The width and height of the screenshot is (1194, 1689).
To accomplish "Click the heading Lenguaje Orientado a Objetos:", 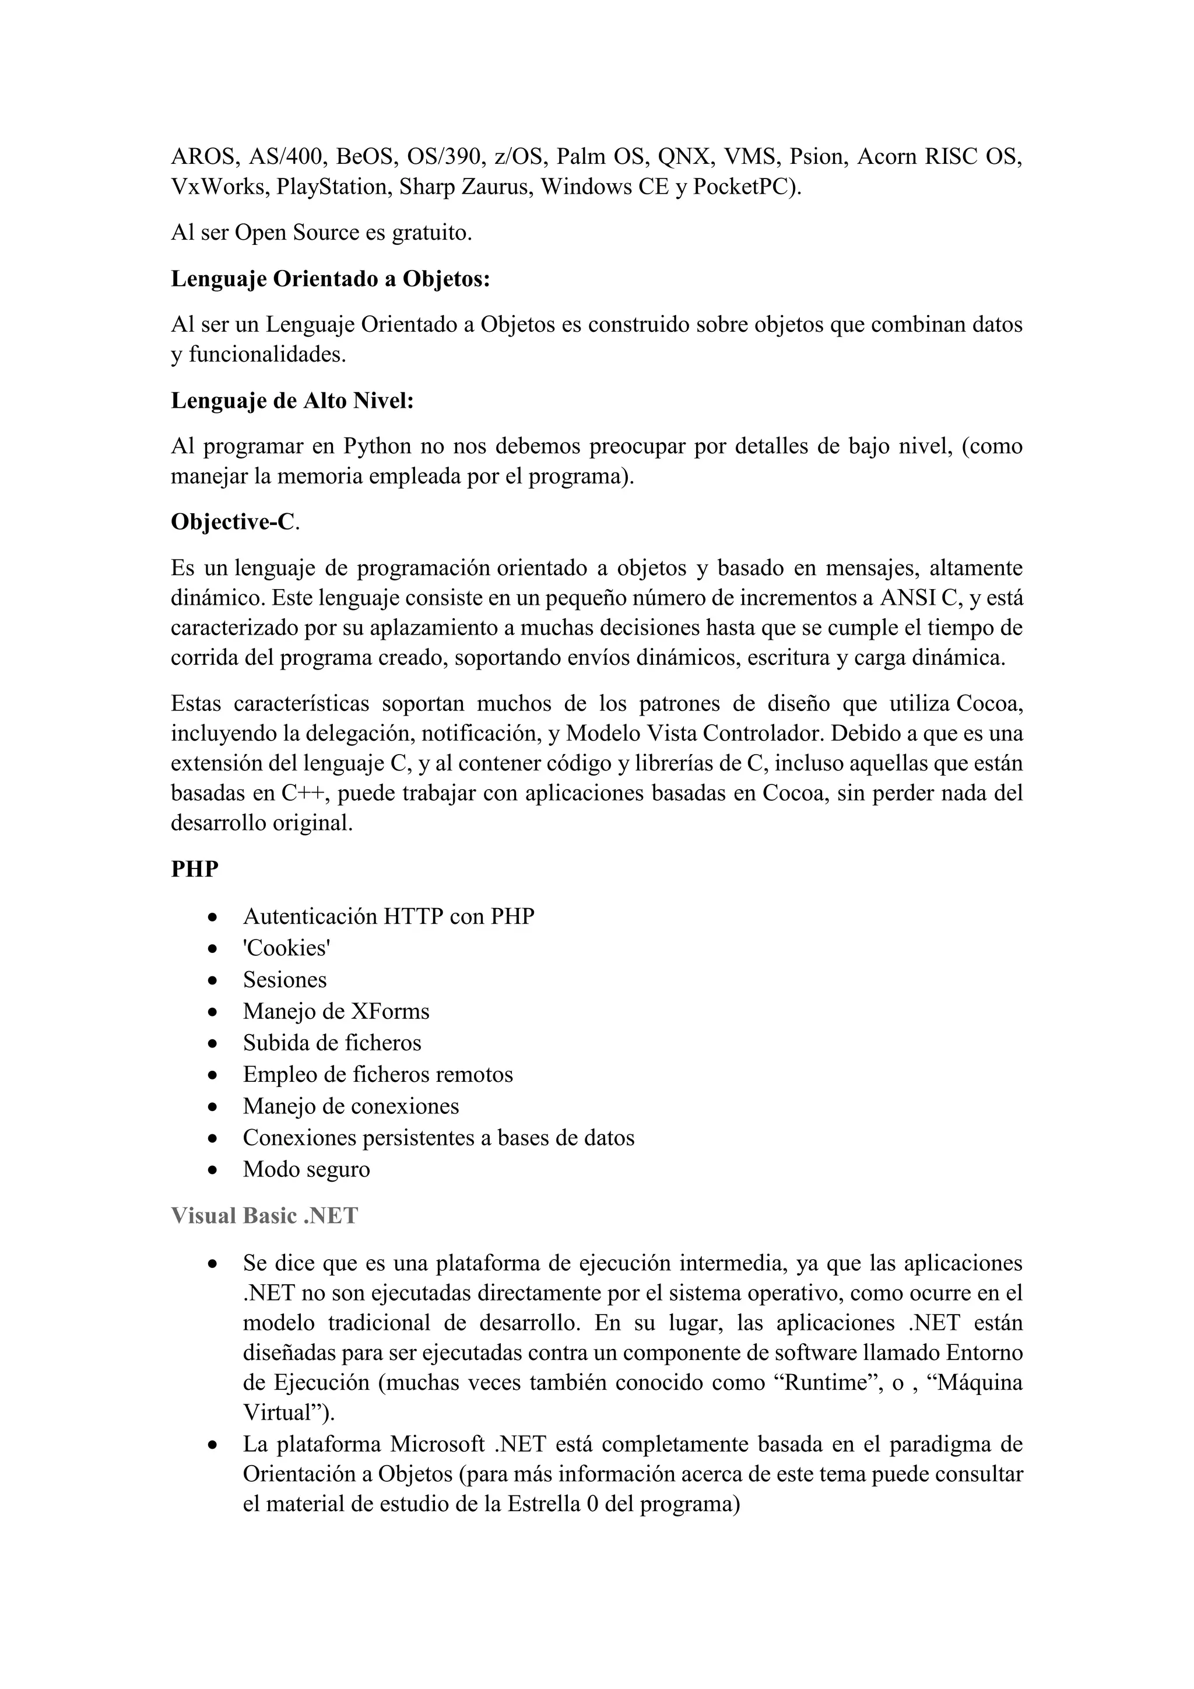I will click(x=330, y=279).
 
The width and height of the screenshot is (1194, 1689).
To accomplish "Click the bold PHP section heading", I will click(x=195, y=869).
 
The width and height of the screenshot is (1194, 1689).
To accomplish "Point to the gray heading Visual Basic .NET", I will click(x=264, y=1216).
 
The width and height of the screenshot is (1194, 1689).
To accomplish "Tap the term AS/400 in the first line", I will click(x=289, y=157).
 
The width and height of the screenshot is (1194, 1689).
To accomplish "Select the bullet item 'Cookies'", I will click(x=287, y=948).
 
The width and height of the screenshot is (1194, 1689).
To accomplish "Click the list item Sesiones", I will click(x=285, y=980).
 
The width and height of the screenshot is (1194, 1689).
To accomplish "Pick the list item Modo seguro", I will click(x=307, y=1170).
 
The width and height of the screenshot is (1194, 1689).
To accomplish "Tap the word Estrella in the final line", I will click(x=543, y=1504).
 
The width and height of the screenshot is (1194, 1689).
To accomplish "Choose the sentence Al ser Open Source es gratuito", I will click(x=321, y=233).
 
